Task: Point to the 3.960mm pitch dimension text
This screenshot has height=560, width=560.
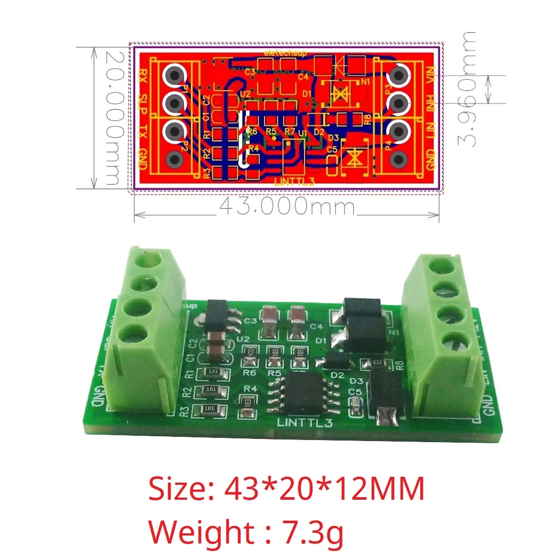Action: [x=469, y=88]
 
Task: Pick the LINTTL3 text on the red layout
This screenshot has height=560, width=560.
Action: [x=294, y=181]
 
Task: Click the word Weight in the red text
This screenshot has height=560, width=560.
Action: [x=194, y=532]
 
